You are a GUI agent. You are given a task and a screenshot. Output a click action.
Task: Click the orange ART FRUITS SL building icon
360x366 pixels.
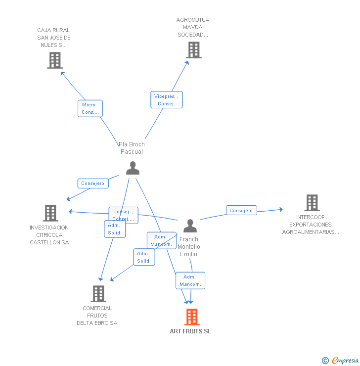192,317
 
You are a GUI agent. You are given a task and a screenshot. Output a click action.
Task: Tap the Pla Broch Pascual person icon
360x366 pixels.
133,168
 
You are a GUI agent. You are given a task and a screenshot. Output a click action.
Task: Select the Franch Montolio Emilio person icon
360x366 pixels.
190,226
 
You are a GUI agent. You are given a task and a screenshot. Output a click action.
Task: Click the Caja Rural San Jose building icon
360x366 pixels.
55,60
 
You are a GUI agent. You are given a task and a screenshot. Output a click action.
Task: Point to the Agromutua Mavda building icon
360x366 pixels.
194,50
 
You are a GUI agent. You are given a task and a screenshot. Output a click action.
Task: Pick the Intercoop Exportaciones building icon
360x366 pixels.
312,203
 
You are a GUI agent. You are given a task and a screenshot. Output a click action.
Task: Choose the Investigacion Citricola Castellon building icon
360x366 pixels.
50,213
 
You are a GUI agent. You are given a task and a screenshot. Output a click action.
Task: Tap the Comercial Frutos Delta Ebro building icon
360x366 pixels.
98,294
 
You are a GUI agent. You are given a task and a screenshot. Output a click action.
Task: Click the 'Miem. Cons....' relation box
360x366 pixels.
90,108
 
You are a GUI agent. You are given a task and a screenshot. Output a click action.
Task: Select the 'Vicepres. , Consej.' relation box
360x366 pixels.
167,100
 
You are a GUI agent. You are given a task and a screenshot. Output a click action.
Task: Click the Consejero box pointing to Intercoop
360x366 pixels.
241,210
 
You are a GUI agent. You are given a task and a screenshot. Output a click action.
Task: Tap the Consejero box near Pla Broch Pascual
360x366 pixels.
93,183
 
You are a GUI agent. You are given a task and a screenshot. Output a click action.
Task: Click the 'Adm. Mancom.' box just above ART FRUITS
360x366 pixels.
190,280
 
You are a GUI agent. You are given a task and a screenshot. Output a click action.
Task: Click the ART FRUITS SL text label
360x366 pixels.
190,331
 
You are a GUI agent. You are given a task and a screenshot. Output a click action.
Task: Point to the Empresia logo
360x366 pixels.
340,360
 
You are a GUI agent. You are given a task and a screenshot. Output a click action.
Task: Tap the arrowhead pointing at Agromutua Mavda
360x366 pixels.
187,63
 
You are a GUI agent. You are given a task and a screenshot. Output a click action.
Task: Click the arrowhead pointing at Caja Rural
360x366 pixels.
62,74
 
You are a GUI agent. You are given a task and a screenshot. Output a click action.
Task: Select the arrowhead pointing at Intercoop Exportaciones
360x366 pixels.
281,209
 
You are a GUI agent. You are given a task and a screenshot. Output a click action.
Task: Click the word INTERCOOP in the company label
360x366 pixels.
311,217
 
